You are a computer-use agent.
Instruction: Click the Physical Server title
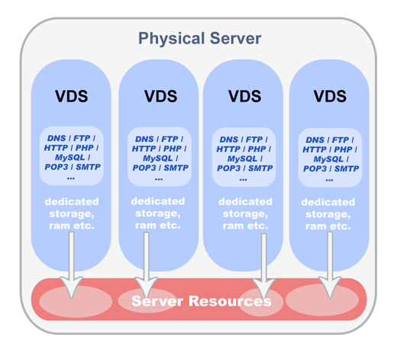[200, 39]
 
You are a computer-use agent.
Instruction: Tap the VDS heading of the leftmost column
[72, 96]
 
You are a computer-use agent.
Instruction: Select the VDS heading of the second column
[160, 96]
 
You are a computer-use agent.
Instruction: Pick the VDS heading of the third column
[244, 96]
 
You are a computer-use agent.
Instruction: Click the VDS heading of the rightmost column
[330, 96]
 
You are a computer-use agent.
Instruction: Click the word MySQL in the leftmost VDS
[70, 158]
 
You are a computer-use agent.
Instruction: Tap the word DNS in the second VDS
[144, 139]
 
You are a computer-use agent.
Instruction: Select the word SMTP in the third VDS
[260, 169]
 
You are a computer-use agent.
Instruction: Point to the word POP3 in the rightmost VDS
[315, 169]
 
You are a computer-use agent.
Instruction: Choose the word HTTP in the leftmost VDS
[56, 148]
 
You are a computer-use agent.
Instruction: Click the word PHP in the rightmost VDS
[343, 149]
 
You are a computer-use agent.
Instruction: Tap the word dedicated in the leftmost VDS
[72, 201]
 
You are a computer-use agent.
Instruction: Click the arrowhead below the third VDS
[264, 288]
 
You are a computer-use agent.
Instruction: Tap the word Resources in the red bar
[230, 301]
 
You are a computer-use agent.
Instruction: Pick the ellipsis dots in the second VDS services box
[159, 179]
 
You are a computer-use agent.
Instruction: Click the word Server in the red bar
[157, 301]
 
